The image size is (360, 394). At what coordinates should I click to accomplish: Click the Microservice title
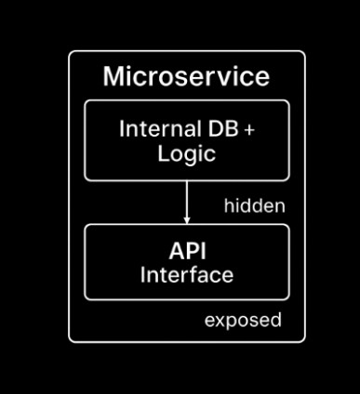tap(186, 76)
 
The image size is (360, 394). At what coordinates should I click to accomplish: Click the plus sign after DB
tap(248, 130)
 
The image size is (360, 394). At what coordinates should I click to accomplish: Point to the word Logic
tap(186, 152)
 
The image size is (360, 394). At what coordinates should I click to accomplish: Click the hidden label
tap(254, 206)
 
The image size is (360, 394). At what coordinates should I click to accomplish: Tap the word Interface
tap(186, 275)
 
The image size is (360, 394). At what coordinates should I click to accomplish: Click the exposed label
tap(243, 321)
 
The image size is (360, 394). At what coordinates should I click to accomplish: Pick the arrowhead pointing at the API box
tap(187, 219)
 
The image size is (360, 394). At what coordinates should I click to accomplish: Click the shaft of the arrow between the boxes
tap(187, 198)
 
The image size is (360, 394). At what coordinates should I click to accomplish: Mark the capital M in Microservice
tap(113, 76)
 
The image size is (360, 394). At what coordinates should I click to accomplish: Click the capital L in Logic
tap(162, 152)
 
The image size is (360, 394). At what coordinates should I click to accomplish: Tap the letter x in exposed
tap(219, 321)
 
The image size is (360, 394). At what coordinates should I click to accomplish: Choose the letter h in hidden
tap(228, 206)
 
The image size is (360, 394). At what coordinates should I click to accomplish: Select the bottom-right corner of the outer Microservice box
tap(303, 340)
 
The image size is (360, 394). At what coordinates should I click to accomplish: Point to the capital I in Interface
tap(143, 275)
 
